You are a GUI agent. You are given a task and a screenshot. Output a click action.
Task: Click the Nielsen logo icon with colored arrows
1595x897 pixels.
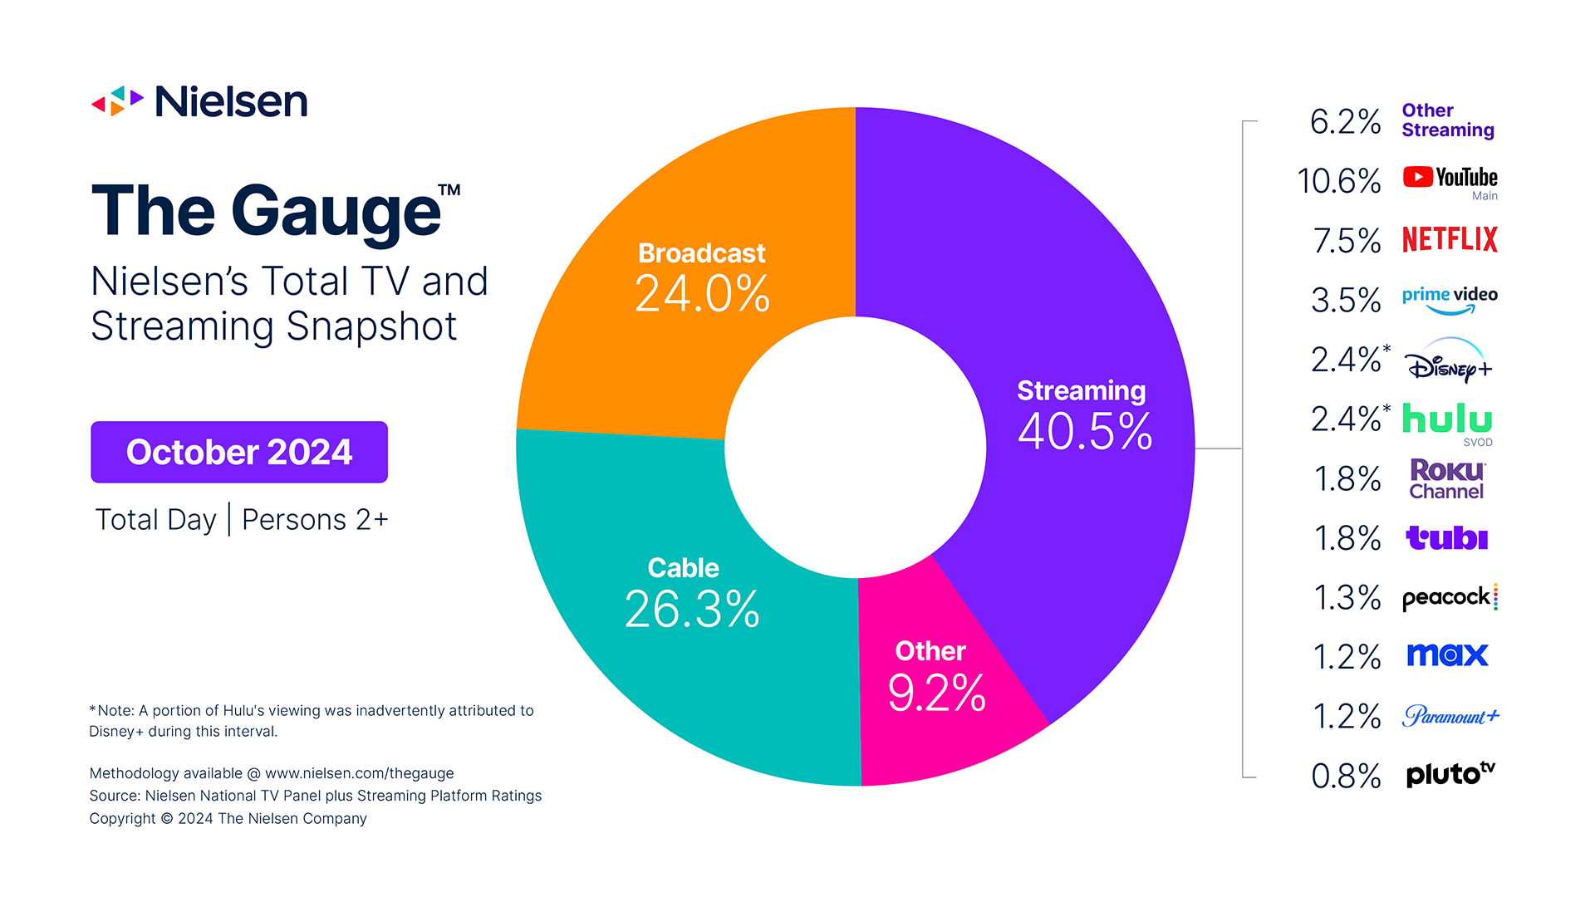pos(117,101)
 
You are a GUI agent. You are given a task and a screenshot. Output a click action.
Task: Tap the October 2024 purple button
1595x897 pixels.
pos(239,452)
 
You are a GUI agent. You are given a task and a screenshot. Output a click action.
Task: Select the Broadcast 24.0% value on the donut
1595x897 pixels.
pos(702,294)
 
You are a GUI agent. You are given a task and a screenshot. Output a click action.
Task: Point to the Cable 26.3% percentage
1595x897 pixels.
pos(691,609)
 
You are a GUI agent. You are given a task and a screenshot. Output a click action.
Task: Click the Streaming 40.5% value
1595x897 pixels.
pos(1084,431)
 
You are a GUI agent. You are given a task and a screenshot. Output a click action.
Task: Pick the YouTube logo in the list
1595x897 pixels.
pos(1450,178)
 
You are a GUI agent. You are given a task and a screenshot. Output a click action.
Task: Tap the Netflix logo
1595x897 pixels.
pos(1450,240)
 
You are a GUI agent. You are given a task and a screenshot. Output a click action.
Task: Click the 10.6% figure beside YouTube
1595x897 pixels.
pos(1338,181)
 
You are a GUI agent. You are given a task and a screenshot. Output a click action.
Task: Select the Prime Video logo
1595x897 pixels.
pos(1450,299)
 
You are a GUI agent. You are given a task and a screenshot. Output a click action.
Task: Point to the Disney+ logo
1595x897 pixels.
pos(1448,361)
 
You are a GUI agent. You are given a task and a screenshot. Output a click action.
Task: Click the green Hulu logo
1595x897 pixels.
pos(1446,419)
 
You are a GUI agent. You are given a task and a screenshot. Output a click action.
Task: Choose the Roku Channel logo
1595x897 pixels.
pos(1446,479)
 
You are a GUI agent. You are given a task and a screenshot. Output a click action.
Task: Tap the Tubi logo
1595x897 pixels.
pos(1446,538)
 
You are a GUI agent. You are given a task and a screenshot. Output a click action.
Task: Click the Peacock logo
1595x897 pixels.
pos(1448,598)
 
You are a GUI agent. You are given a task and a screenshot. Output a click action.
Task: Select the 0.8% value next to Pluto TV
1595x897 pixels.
pos(1345,777)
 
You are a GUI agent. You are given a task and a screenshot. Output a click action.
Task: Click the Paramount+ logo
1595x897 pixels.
pos(1450,716)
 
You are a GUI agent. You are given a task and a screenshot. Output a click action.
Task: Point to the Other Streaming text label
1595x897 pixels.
pos(1447,120)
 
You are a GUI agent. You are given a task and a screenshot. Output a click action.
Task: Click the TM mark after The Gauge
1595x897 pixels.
pos(449,190)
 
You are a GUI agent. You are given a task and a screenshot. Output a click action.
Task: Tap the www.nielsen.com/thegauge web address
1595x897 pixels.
pos(359,773)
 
